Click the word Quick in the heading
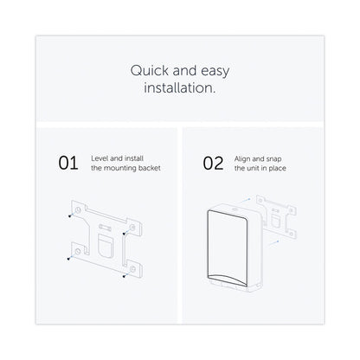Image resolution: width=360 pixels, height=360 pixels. point(150,71)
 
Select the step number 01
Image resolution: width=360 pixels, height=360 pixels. point(68,163)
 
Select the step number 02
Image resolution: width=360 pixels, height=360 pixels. point(213,164)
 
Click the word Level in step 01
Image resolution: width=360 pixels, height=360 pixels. point(100,158)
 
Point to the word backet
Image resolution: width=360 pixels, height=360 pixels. point(149,168)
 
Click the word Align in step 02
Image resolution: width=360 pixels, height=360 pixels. point(242,159)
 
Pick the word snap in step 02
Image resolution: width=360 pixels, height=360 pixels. point(273,159)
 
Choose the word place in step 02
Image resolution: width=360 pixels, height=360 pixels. point(277,168)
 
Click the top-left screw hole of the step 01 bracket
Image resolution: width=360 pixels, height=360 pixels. point(78,209)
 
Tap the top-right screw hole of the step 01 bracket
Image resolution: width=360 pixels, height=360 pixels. point(132,228)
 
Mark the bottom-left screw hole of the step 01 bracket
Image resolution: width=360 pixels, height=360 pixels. point(77,251)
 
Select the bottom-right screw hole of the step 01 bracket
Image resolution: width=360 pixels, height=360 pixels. point(132,269)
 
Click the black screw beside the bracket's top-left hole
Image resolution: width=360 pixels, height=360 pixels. point(69,215)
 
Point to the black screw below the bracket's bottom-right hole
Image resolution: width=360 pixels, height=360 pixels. point(124,276)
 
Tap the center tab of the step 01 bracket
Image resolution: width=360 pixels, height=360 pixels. point(105,246)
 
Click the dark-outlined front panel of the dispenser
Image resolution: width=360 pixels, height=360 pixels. point(228,247)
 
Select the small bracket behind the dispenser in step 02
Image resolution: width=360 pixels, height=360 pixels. point(277,216)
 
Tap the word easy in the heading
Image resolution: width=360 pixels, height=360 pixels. point(215,71)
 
